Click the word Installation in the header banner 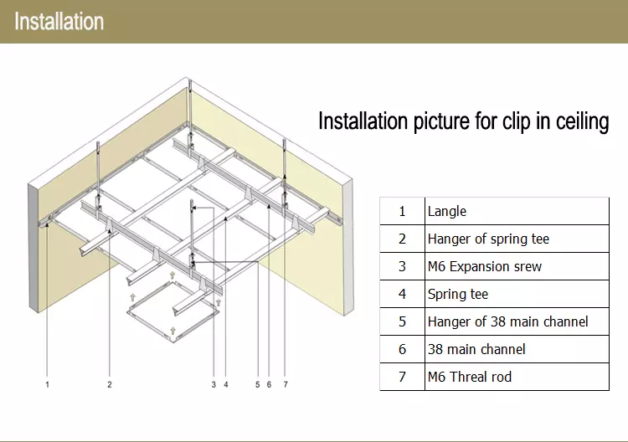pyautogui.click(x=59, y=21)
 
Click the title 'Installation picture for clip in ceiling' pyautogui.click(x=463, y=121)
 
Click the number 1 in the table pyautogui.click(x=402, y=211)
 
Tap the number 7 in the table pyautogui.click(x=402, y=377)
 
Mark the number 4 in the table pyautogui.click(x=402, y=294)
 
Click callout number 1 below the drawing pyautogui.click(x=48, y=385)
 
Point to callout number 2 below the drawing pyautogui.click(x=109, y=385)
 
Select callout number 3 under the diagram pyautogui.click(x=214, y=385)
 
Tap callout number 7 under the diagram pyautogui.click(x=286, y=385)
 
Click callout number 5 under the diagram pyautogui.click(x=257, y=385)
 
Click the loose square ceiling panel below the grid pyautogui.click(x=171, y=313)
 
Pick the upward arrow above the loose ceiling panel pyautogui.click(x=172, y=275)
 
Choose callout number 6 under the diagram pyautogui.click(x=269, y=385)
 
